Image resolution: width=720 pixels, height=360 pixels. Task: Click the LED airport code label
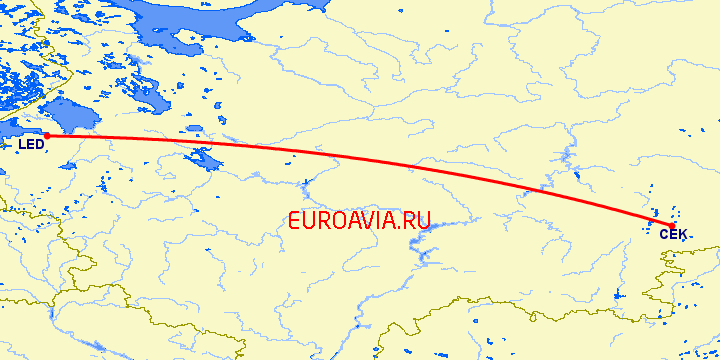pos(31,147)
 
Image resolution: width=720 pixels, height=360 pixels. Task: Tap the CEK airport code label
pos(673,233)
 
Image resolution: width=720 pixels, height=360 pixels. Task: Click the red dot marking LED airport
pos(46,136)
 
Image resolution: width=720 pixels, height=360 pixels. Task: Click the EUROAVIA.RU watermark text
pos(359,221)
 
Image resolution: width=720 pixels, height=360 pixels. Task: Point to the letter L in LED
pos(22,147)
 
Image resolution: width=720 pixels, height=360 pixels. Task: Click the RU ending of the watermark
pos(417,221)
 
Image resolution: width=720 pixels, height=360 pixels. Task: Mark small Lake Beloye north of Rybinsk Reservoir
pos(189,129)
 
